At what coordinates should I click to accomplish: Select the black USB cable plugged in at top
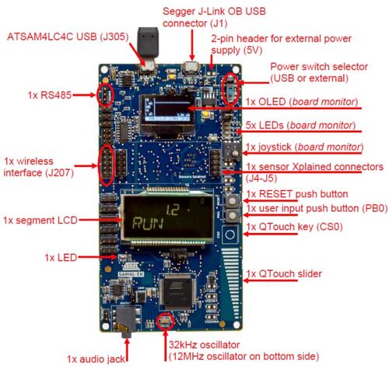[148, 44]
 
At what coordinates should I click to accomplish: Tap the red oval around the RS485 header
[101, 95]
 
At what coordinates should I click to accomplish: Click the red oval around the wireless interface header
[107, 161]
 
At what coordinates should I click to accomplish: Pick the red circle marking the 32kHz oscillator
[164, 322]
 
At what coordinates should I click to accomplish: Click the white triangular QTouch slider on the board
[233, 273]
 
